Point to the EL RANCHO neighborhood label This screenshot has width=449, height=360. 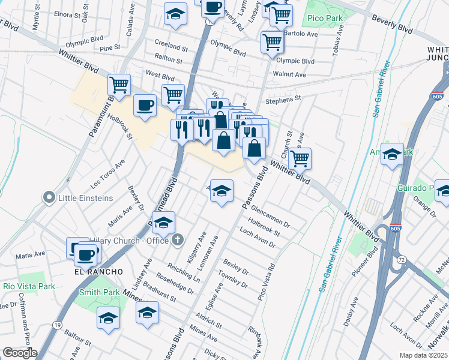click(x=90, y=272)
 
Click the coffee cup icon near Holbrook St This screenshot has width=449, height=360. click(x=145, y=106)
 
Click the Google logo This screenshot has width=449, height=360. click(x=20, y=353)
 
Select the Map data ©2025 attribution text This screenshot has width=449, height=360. click(x=424, y=355)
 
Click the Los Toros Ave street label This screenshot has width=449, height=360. click(x=109, y=172)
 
